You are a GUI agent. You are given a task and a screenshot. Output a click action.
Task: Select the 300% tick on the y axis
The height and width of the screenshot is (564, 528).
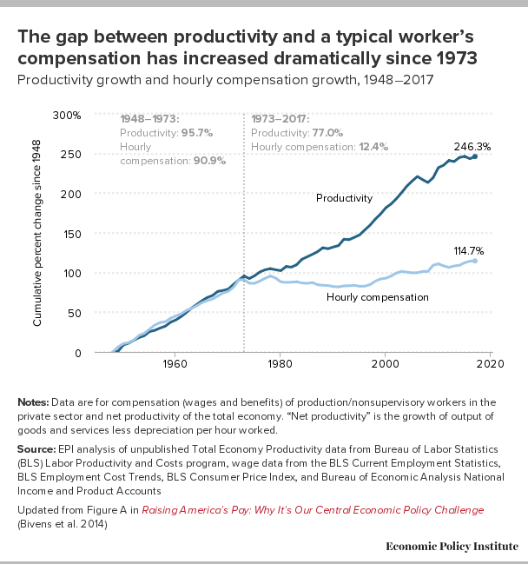click(67, 115)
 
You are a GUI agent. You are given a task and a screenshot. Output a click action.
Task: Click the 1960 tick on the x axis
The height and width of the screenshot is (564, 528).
click(175, 365)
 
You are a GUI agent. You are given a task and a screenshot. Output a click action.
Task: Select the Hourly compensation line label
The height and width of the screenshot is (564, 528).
click(377, 297)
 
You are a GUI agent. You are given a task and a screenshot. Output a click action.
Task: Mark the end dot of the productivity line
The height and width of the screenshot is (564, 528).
click(475, 156)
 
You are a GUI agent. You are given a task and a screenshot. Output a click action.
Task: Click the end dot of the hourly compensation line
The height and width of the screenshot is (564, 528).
click(475, 261)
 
